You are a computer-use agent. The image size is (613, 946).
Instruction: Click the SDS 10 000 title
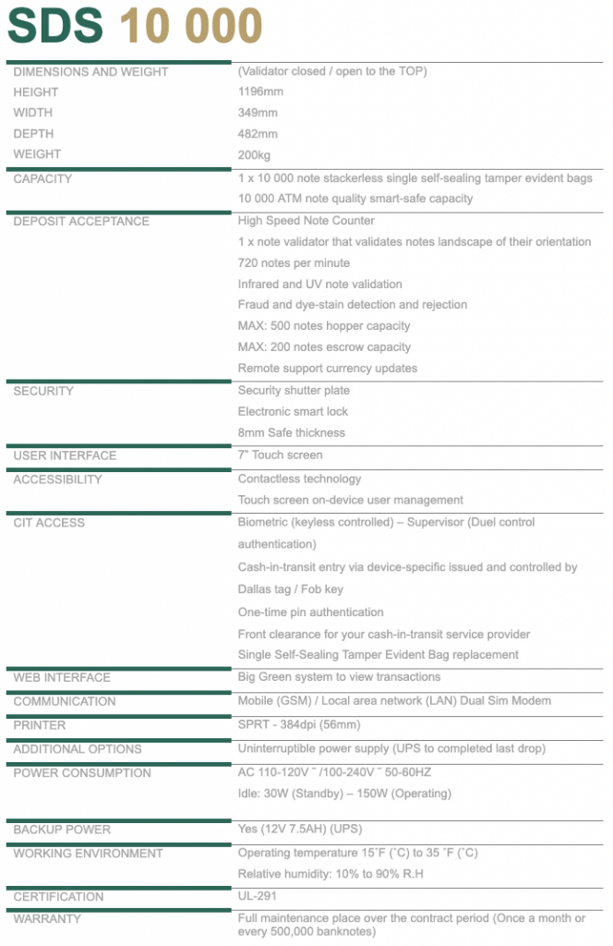coord(135,27)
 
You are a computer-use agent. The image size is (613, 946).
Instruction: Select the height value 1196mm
coord(260,92)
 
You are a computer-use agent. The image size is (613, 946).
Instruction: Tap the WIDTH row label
coord(33,113)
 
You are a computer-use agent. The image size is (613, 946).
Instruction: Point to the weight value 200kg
coord(255,155)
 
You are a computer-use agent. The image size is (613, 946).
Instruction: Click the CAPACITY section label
coord(42,179)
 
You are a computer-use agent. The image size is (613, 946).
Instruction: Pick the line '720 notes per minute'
coord(294,263)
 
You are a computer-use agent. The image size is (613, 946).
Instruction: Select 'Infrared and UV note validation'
coord(319,285)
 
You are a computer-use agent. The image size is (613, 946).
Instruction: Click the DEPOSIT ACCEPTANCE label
coord(81,222)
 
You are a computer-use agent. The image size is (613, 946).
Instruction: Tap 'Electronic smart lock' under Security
coord(293,412)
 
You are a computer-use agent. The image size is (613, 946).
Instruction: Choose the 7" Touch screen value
coord(281,455)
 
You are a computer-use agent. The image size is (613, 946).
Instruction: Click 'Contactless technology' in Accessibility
coord(299,479)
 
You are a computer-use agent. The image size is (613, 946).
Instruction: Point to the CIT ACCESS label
coord(49,523)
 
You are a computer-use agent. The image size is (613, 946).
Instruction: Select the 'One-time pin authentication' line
coord(310,612)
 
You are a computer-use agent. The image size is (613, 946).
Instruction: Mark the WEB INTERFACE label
coord(62,678)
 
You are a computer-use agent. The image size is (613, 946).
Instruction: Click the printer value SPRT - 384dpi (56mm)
coord(299,725)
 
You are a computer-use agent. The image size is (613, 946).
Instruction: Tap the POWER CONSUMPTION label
coord(82,773)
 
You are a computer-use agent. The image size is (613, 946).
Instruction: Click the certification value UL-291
coord(258,897)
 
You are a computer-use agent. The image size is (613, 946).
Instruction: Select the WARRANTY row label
coord(47,919)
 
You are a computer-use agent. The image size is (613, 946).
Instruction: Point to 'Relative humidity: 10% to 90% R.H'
coord(331,874)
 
